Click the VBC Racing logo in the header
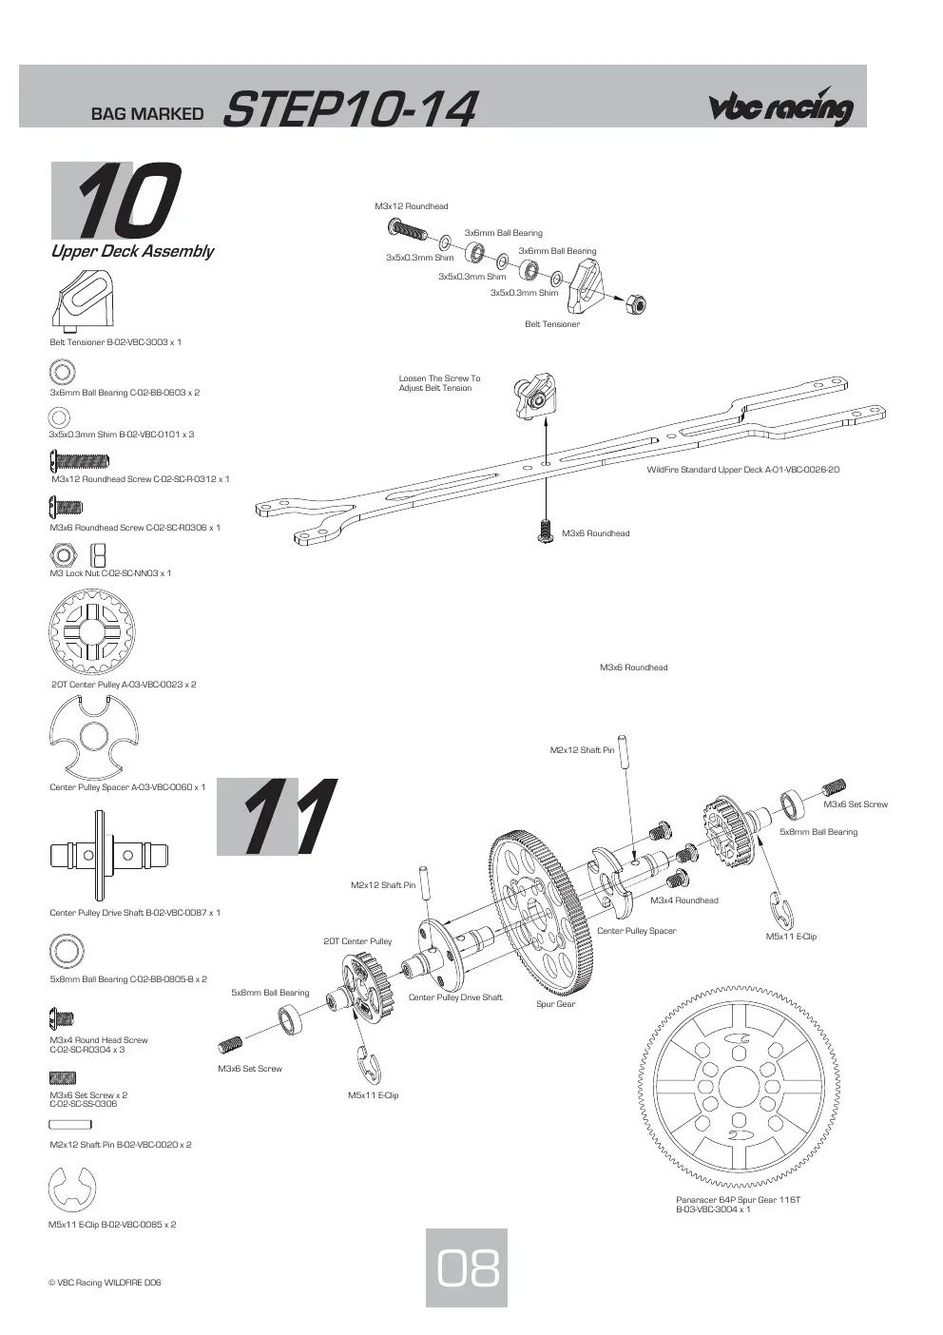(780, 106)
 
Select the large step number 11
(277, 816)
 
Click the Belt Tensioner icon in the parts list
(82, 301)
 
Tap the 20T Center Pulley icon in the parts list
(92, 631)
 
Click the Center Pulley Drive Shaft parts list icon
(109, 855)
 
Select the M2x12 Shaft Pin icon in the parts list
(70, 1125)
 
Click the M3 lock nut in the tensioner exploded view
(636, 304)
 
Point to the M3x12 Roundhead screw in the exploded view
(408, 229)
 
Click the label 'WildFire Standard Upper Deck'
(742, 470)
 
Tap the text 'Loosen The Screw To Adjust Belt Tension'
(439, 382)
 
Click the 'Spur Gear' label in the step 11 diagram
(555, 1004)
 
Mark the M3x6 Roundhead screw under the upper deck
(545, 531)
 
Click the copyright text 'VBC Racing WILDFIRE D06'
(105, 1283)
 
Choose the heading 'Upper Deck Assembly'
(132, 251)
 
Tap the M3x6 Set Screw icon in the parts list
(63, 1077)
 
